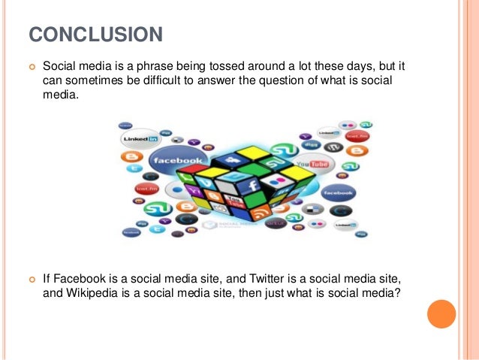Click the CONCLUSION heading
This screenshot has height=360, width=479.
coord(96,35)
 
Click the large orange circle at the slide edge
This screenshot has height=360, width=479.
coord(441,314)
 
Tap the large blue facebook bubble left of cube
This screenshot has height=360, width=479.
coord(179,161)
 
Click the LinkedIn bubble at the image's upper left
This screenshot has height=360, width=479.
coord(140,139)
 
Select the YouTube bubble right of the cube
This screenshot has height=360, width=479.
coord(313,163)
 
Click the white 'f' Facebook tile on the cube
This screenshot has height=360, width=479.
coord(253,184)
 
